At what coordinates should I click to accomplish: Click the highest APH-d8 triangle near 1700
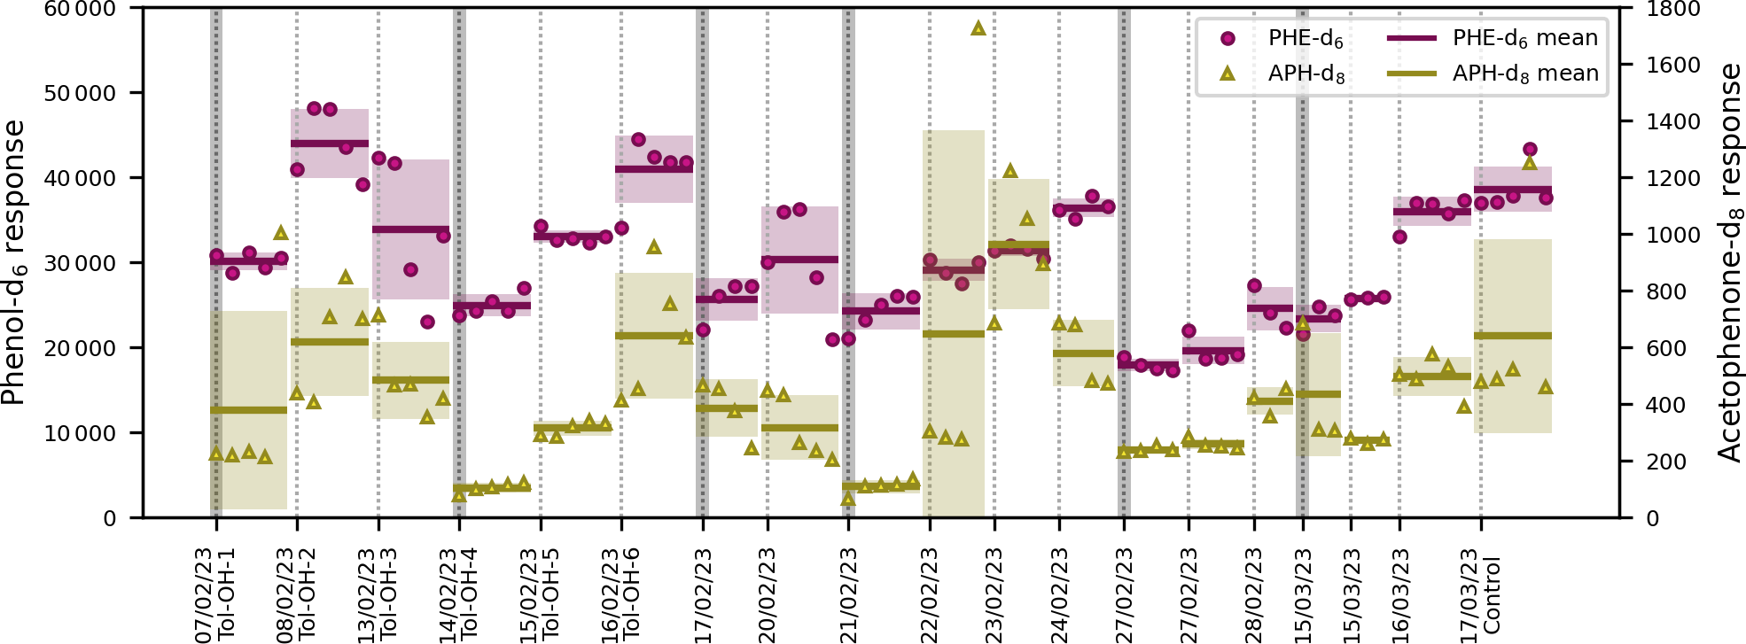tap(978, 28)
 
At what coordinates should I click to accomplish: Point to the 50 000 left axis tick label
tap(81, 93)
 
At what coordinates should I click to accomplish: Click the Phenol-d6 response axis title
tap(14, 263)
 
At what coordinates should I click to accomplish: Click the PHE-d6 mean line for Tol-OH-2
tap(329, 144)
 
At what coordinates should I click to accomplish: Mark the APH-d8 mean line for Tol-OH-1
tap(248, 410)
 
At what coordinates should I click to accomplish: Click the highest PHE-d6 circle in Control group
tap(1530, 150)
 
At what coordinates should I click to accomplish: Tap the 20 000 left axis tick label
tap(81, 348)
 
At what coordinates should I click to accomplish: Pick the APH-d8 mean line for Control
tap(1512, 336)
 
